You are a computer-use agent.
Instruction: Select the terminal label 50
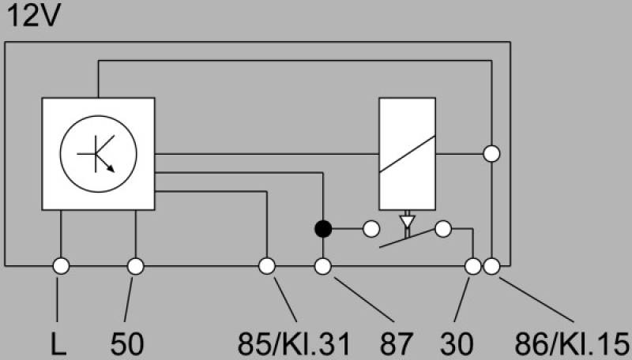pyautogui.click(x=126, y=344)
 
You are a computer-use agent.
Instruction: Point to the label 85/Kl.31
pyautogui.click(x=292, y=344)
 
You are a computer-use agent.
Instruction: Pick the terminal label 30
pyautogui.click(x=457, y=344)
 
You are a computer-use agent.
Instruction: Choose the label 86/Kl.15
pyautogui.click(x=570, y=344)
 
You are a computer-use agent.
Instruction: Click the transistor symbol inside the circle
pyautogui.click(x=98, y=152)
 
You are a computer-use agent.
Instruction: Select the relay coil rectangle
pyautogui.click(x=407, y=154)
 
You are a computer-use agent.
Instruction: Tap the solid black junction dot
pyautogui.click(x=322, y=230)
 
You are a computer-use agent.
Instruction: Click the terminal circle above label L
pyautogui.click(x=60, y=266)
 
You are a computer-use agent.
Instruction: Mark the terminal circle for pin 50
pyautogui.click(x=135, y=266)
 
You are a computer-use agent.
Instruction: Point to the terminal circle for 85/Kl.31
pyautogui.click(x=267, y=266)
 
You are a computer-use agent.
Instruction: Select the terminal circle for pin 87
pyautogui.click(x=322, y=266)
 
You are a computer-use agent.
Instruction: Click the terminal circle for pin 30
pyautogui.click(x=473, y=266)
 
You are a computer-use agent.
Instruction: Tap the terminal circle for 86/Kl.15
pyautogui.click(x=491, y=266)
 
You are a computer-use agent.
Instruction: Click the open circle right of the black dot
pyautogui.click(x=371, y=230)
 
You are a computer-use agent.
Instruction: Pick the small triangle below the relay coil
pyautogui.click(x=407, y=220)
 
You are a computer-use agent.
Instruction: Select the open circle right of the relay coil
pyautogui.click(x=491, y=153)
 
